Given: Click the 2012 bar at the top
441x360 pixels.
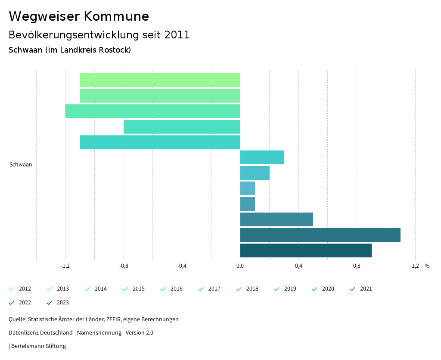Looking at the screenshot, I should tap(160, 80).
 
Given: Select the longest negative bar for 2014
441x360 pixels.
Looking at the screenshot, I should tap(152, 111).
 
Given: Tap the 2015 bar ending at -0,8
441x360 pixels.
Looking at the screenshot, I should tap(182, 127).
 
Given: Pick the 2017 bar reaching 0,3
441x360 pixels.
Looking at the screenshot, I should tap(262, 157).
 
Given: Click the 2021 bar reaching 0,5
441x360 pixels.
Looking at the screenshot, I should tap(276, 219).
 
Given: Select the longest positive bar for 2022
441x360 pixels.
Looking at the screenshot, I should tap(320, 235).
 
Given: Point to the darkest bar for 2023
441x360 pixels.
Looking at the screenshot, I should tap(306, 250).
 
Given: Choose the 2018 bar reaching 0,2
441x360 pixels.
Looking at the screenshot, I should tap(255, 173).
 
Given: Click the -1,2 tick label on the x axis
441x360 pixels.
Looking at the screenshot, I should tap(65, 266).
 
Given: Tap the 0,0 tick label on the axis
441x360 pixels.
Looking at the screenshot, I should tap(240, 266).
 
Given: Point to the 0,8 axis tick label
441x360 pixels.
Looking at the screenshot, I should tap(357, 266).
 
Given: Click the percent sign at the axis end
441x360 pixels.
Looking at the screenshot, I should tap(427, 266).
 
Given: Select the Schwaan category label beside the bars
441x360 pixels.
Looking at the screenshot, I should tap(21, 164).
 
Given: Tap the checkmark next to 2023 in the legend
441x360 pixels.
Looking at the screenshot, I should tap(49, 303).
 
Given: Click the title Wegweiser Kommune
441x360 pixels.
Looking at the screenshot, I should tap(79, 16).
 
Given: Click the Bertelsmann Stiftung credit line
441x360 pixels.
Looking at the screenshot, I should tap(38, 346).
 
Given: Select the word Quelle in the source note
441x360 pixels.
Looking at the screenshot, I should tap(17, 319).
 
